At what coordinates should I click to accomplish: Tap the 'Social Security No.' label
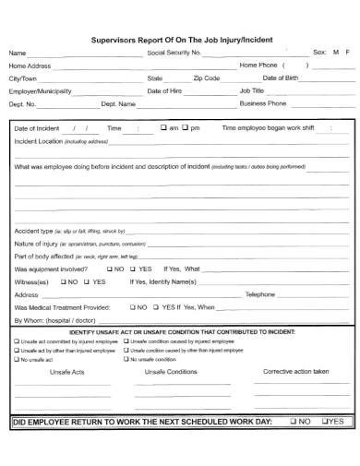point(174,54)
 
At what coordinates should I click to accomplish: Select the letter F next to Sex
point(348,54)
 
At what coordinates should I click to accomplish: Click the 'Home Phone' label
point(258,66)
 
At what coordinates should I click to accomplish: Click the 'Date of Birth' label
point(280,78)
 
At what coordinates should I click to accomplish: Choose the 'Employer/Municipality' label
point(40,91)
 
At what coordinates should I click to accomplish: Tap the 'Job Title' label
point(252,91)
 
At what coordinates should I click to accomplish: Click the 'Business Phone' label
point(264,104)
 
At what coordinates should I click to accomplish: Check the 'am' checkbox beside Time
point(163,128)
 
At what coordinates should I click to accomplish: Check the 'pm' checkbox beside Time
point(186,128)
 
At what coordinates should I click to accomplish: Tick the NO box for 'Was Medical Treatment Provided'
point(132,306)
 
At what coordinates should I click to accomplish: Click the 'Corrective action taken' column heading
point(295,371)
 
